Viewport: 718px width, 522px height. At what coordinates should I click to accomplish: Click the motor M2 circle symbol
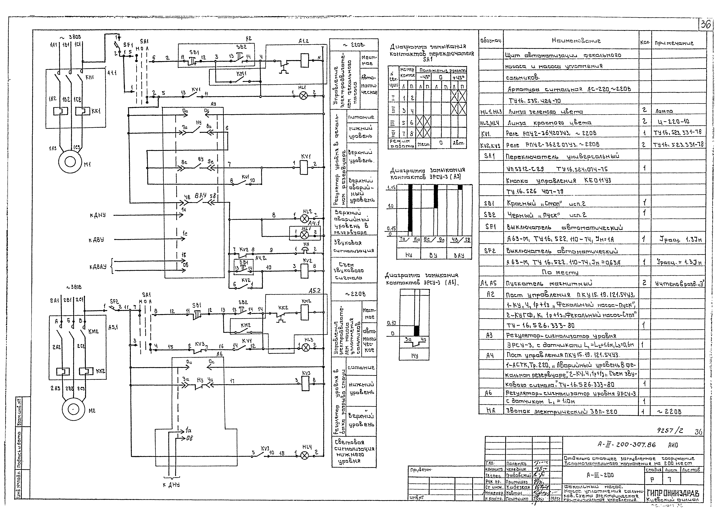(73, 409)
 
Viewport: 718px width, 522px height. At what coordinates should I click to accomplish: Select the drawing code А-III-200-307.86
(626, 445)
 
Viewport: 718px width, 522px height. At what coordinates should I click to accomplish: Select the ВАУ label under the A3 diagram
(459, 255)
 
